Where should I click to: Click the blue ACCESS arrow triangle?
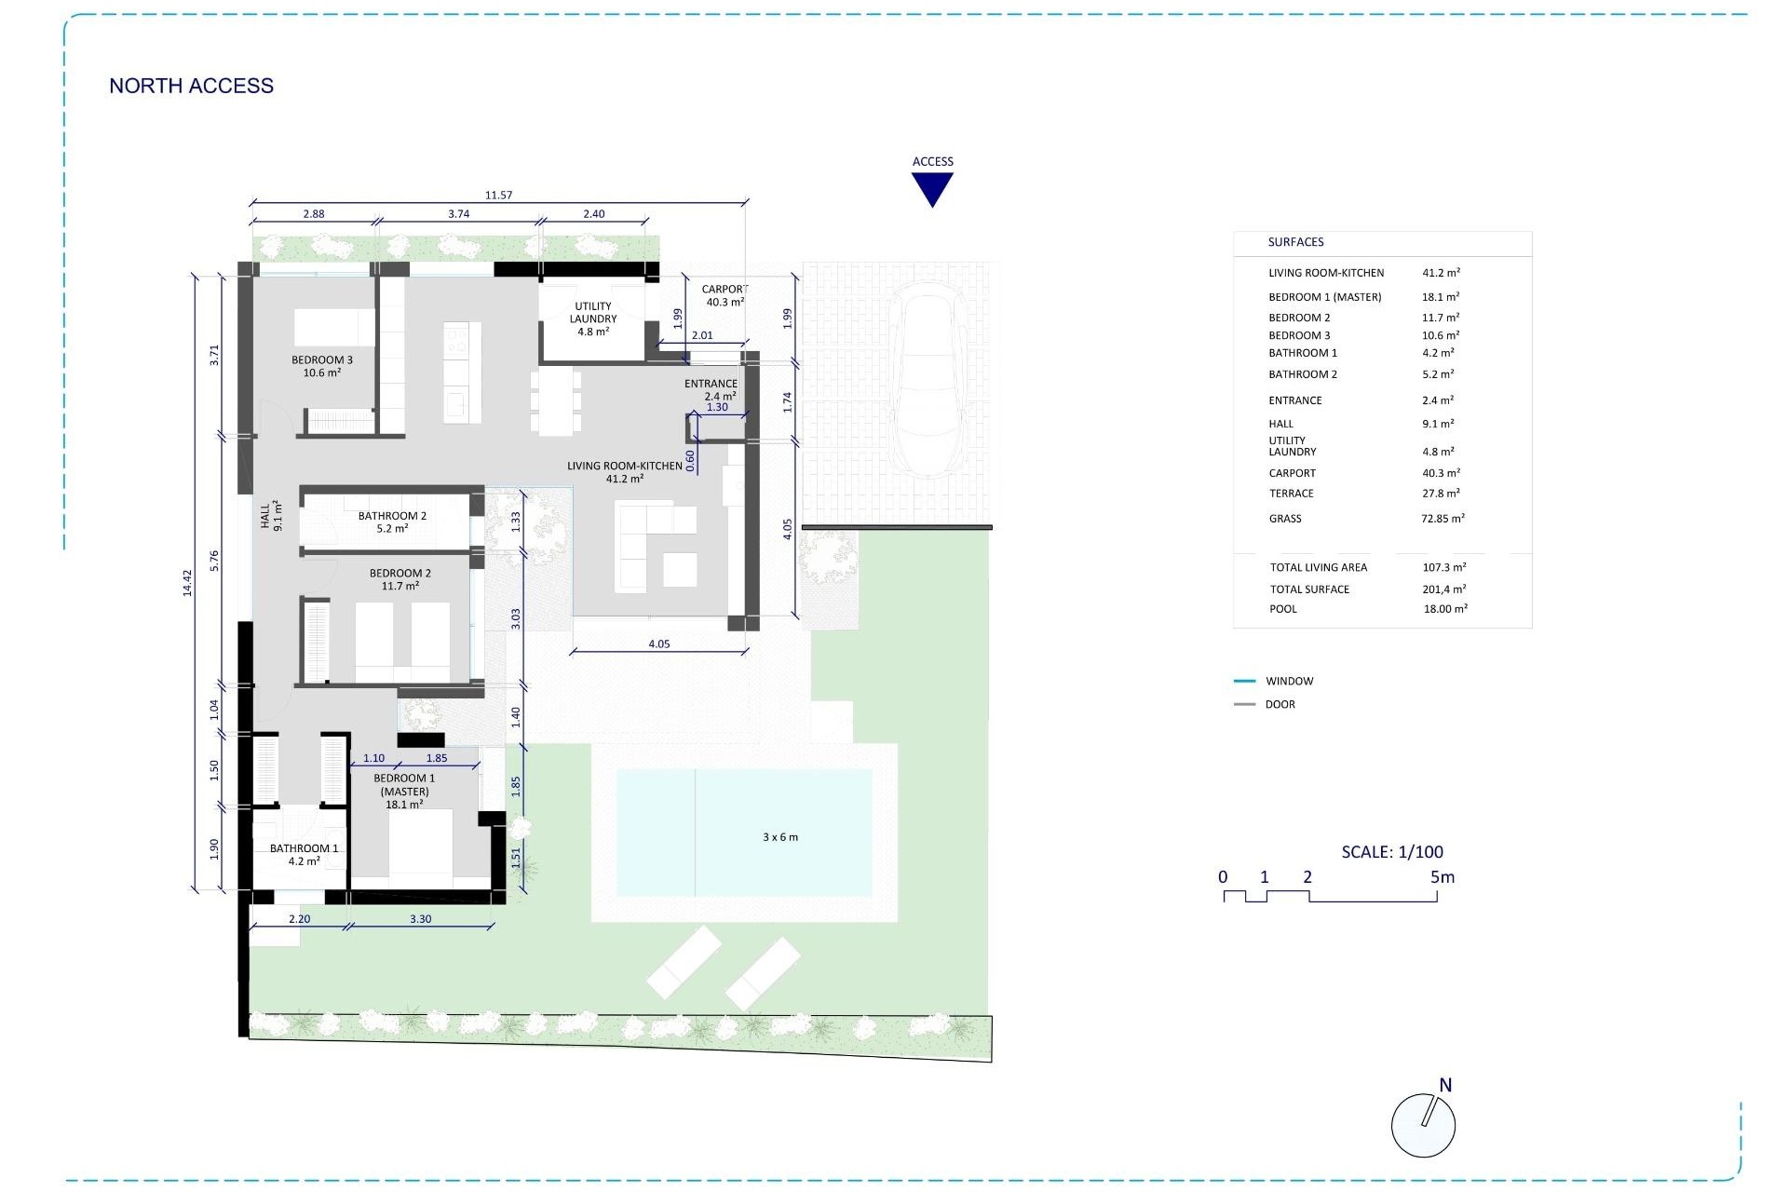[x=932, y=187]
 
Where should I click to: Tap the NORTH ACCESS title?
[x=191, y=86]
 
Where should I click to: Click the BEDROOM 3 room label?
[x=321, y=366]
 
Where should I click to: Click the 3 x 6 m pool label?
[x=779, y=837]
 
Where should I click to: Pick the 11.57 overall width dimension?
[x=498, y=195]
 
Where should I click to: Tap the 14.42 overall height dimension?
[x=186, y=583]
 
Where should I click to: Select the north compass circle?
[x=1422, y=1125]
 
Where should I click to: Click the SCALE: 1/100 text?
[x=1391, y=851]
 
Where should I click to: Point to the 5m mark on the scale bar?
[x=1442, y=877]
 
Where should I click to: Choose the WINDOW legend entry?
[x=1289, y=681]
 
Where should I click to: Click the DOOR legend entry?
[x=1280, y=704]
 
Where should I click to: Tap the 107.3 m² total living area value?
[x=1443, y=567]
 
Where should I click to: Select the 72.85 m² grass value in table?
[x=1443, y=519]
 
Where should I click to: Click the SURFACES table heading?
[x=1295, y=242]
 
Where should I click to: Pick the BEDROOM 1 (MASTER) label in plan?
[x=404, y=791]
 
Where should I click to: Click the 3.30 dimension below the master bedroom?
[x=420, y=918]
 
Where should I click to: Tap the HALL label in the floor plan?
[x=270, y=516]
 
